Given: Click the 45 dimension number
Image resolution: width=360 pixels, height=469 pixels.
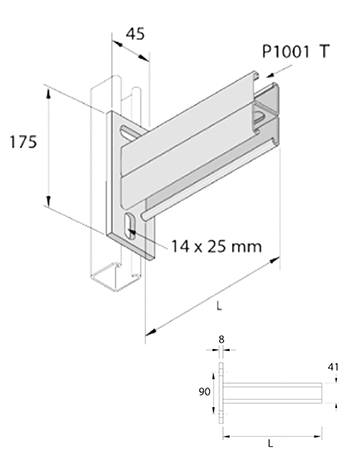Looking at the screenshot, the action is pos(136,34).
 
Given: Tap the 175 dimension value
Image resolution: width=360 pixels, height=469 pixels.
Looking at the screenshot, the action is pos(23,142).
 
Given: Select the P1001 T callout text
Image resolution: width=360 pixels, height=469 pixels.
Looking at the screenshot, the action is pos(296,52).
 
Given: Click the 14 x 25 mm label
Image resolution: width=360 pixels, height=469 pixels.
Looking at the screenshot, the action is pos(216,247).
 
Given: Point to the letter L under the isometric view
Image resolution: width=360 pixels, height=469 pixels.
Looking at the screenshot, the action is pos(219,306).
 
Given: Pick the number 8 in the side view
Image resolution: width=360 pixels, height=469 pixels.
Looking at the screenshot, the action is pos(221,340).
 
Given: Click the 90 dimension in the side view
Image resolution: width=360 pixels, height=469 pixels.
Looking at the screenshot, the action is pos(205,392).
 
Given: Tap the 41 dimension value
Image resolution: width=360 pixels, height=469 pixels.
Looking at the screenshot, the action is pos(333,367).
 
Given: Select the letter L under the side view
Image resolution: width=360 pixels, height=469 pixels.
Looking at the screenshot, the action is pos(271,444).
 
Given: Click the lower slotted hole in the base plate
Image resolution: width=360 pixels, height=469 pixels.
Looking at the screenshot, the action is pos(128,226).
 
